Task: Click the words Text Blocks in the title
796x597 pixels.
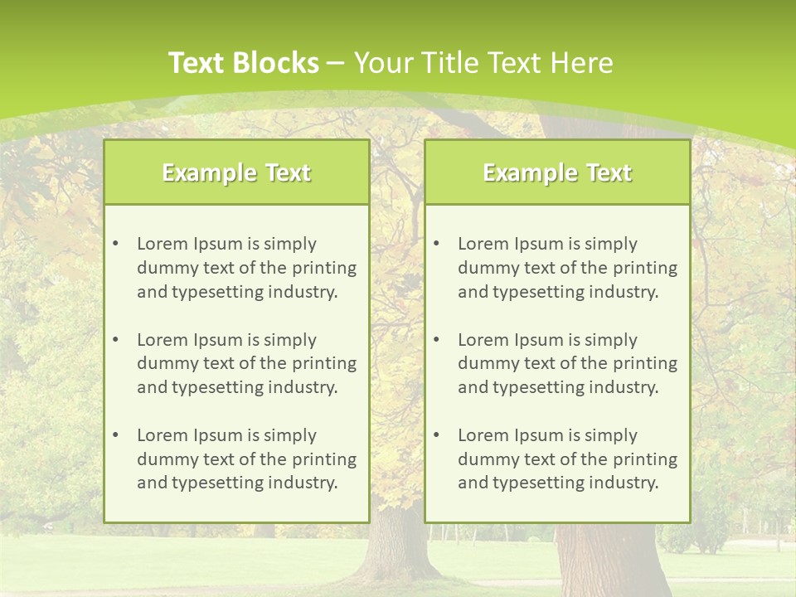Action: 243,63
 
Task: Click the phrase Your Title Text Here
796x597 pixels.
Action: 483,63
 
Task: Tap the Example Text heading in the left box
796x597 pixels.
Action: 236,172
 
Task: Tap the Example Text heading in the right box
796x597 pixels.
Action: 557,172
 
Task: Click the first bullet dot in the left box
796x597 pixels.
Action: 115,244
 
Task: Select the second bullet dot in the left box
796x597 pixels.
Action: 115,340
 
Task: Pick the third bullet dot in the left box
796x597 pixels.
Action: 115,435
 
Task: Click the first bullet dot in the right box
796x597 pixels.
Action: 436,244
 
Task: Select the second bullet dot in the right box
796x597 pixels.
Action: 436,340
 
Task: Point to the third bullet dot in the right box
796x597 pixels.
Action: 436,435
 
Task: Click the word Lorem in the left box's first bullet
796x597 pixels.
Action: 163,244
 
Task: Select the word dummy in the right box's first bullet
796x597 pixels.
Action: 485,268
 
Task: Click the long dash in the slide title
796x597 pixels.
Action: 336,63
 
